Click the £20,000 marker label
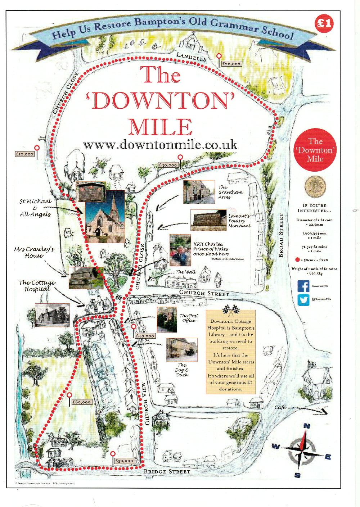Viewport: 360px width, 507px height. pyautogui.click(x=231, y=64)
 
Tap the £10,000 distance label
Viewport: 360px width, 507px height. pyautogui.click(x=24, y=154)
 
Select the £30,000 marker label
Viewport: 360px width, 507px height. pyautogui.click(x=168, y=165)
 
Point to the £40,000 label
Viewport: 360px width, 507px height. pyautogui.click(x=145, y=336)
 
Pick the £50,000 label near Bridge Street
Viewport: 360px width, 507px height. pyautogui.click(x=124, y=461)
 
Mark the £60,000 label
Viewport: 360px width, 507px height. pyautogui.click(x=81, y=402)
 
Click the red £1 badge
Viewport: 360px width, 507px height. pyautogui.click(x=324, y=24)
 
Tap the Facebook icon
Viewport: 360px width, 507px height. pyautogui.click(x=303, y=286)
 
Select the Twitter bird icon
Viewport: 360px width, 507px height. pyautogui.click(x=303, y=299)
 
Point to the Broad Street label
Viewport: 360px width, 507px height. pyautogui.click(x=281, y=236)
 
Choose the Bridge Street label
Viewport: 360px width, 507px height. pyautogui.click(x=167, y=471)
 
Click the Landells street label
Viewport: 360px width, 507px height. pyautogui.click(x=191, y=56)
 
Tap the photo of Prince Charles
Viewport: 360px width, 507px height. pyautogui.click(x=180, y=250)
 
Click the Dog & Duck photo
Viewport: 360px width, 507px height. pyautogui.click(x=181, y=350)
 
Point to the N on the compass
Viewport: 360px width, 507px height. pyautogui.click(x=307, y=426)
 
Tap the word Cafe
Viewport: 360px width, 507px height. pyautogui.click(x=280, y=407)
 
